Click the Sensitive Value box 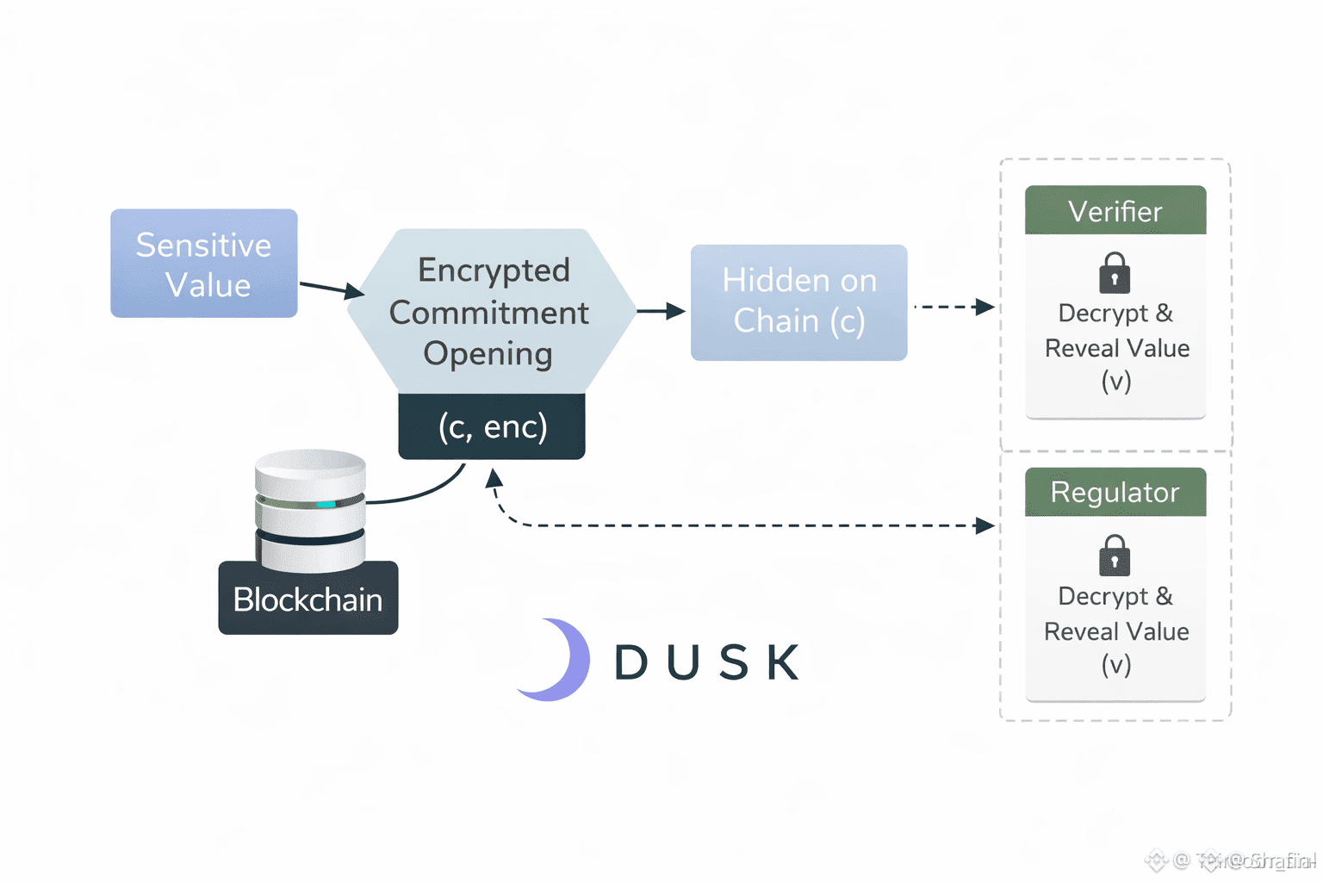pyautogui.click(x=204, y=264)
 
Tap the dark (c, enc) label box pyautogui.click(x=492, y=426)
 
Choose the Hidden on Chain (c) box pyautogui.click(x=798, y=302)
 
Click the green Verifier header pyautogui.click(x=1115, y=211)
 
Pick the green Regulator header pyautogui.click(x=1115, y=492)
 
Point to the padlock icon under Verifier pyautogui.click(x=1115, y=274)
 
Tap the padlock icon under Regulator pyautogui.click(x=1115, y=556)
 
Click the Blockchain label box pyautogui.click(x=307, y=599)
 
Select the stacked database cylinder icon pyautogui.click(x=310, y=508)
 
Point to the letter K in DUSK pyautogui.click(x=783, y=662)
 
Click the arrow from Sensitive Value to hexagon pyautogui.click(x=331, y=289)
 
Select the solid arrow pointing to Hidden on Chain pyautogui.click(x=661, y=311)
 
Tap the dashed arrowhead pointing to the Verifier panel pyautogui.click(x=984, y=307)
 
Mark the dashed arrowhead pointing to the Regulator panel pyautogui.click(x=984, y=525)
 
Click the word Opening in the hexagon pyautogui.click(x=488, y=354)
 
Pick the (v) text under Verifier pyautogui.click(x=1115, y=381)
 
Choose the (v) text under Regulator pyautogui.click(x=1115, y=664)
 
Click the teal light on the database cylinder pyautogui.click(x=326, y=505)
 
